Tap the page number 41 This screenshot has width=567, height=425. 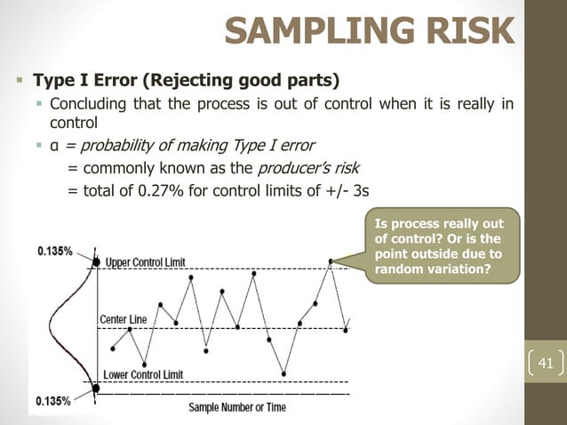tap(546, 363)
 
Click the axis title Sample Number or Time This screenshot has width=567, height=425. tap(236, 407)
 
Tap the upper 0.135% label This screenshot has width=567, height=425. tap(55, 252)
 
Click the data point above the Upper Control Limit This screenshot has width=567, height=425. tap(331, 261)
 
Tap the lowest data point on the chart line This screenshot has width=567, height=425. tap(283, 373)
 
